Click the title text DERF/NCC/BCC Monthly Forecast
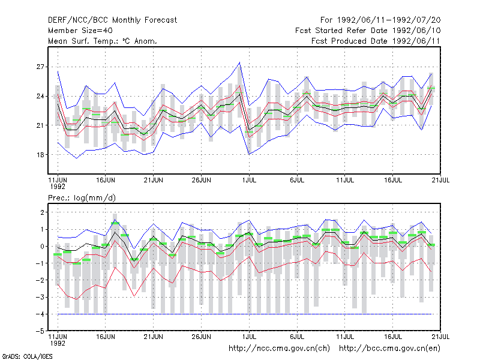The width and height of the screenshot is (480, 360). [x=112, y=20]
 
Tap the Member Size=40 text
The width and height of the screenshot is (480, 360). [x=80, y=31]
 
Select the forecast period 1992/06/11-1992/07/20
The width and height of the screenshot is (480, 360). [x=389, y=20]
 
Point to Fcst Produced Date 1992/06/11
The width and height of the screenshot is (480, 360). [x=376, y=41]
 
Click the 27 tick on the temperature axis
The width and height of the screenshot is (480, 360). [x=40, y=67]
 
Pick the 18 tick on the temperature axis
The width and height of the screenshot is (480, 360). [x=40, y=155]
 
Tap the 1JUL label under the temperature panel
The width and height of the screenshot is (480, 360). [x=249, y=180]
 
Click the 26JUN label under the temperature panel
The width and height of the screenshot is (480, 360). [x=202, y=180]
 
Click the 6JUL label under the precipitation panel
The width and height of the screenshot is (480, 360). [x=297, y=337]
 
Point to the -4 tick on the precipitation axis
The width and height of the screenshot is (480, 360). [x=40, y=314]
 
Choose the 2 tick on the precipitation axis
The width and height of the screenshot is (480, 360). [x=42, y=212]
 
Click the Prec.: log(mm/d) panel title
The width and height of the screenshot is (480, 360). [x=82, y=198]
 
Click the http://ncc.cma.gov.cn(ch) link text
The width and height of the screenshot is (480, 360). [x=279, y=348]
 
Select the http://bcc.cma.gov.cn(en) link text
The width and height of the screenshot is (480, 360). [x=389, y=348]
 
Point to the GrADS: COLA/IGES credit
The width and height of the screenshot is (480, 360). [x=27, y=356]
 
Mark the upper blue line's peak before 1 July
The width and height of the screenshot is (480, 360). [x=239, y=62]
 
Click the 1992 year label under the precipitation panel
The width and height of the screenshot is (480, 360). [x=58, y=343]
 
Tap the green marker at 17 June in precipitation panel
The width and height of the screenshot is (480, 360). [x=115, y=223]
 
